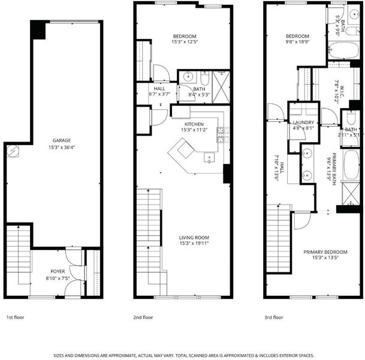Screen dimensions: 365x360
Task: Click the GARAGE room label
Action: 62,140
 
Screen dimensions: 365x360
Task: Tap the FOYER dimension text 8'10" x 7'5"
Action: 58,278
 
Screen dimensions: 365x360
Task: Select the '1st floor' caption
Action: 16,317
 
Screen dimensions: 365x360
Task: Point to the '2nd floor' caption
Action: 143,317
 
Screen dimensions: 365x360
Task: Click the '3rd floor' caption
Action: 274,317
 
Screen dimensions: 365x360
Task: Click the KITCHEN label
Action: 194,124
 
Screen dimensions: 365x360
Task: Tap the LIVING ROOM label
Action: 194,238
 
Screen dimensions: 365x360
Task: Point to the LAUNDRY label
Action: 303,122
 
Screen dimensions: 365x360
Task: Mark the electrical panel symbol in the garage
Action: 13,151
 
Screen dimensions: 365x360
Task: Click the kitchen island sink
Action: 209,157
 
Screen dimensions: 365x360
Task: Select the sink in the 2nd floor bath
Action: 188,77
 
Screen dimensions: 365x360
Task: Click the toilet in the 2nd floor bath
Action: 205,79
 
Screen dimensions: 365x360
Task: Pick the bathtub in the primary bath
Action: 351,165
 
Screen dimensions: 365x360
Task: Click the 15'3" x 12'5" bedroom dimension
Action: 185,42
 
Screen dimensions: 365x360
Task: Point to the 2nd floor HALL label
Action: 159,89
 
